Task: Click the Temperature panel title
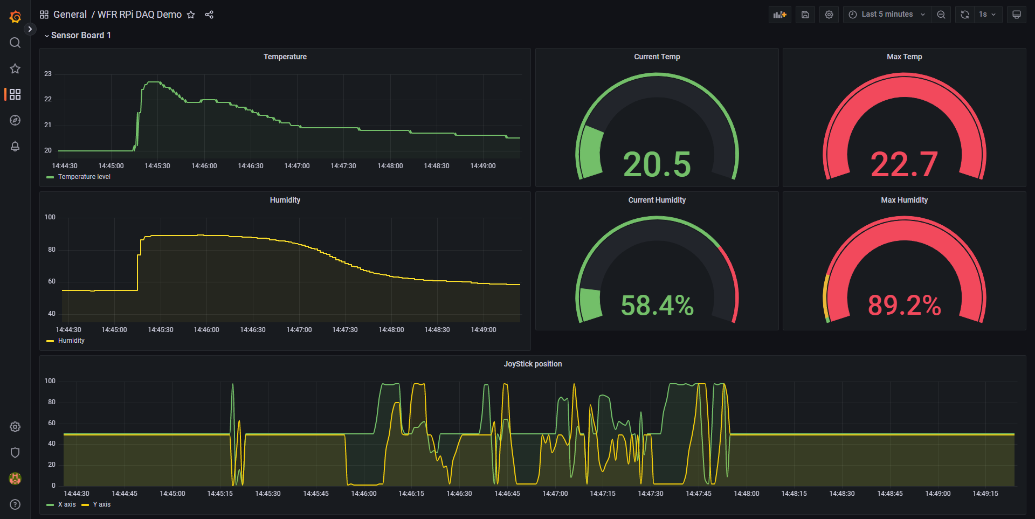pyautogui.click(x=285, y=57)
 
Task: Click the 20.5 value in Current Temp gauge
pyautogui.click(x=657, y=164)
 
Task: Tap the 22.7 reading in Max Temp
pyautogui.click(x=904, y=164)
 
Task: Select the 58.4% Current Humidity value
pyautogui.click(x=657, y=305)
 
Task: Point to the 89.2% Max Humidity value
pyautogui.click(x=904, y=305)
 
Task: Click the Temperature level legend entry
pyautogui.click(x=84, y=177)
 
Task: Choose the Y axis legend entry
pyautogui.click(x=101, y=504)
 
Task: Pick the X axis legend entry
pyautogui.click(x=66, y=504)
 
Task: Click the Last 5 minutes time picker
pyautogui.click(x=887, y=15)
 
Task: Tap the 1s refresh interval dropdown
pyautogui.click(x=987, y=15)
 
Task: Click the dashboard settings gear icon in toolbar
pyautogui.click(x=829, y=15)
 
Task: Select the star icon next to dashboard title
pyautogui.click(x=191, y=15)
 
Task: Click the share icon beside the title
pyautogui.click(x=209, y=15)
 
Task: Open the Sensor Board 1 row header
pyautogui.click(x=80, y=36)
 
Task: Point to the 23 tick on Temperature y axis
pyautogui.click(x=48, y=74)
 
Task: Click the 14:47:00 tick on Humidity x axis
pyautogui.click(x=299, y=330)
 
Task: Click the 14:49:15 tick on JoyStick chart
pyautogui.click(x=985, y=494)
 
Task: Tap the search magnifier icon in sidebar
pyautogui.click(x=15, y=43)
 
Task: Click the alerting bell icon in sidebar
pyautogui.click(x=15, y=146)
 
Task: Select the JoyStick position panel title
pyautogui.click(x=533, y=364)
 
